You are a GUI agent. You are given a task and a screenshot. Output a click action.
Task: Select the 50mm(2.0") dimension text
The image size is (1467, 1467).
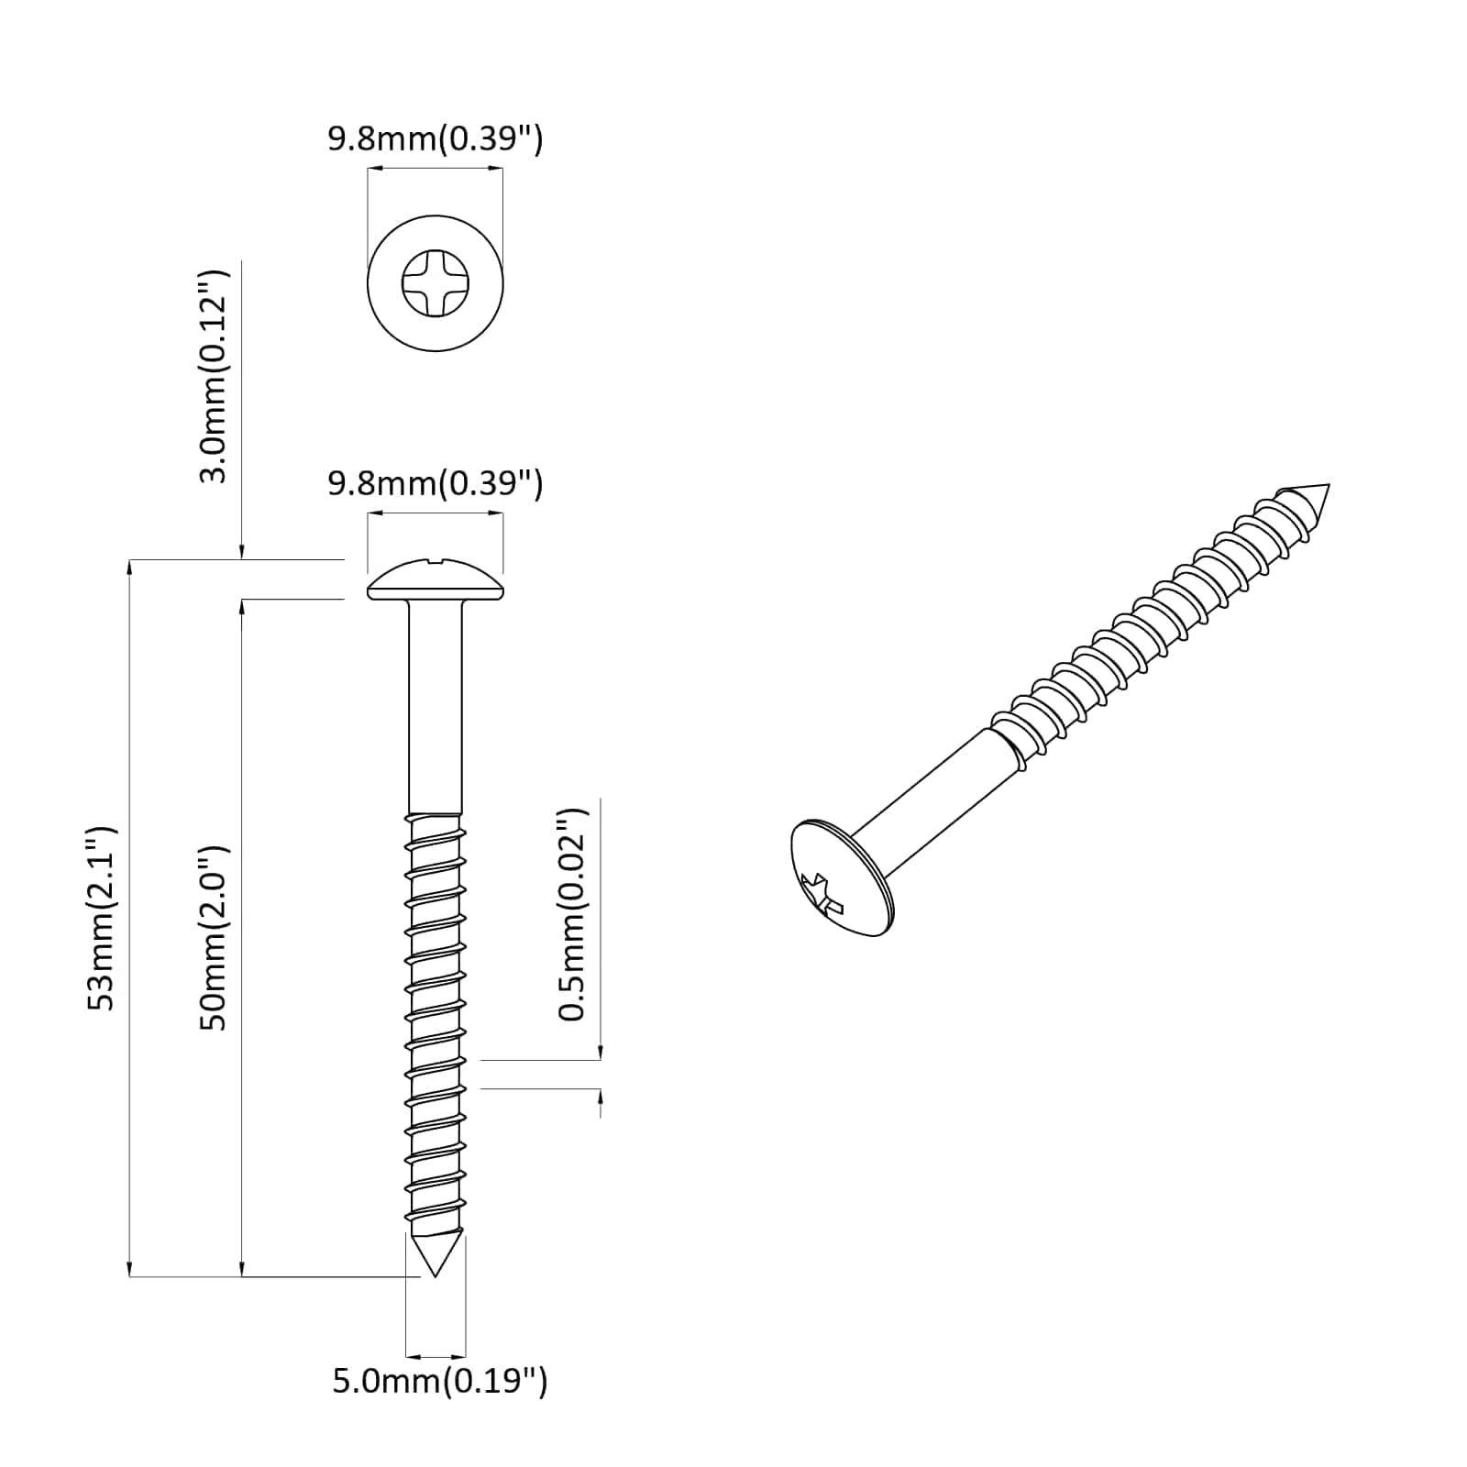coord(215,937)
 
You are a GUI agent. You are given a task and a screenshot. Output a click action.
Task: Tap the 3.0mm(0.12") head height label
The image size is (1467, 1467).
coord(215,376)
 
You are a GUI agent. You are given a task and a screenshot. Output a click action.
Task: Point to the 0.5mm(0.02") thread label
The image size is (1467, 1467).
coord(573,914)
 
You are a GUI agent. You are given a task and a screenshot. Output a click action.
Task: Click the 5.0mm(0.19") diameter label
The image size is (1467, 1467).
coord(439,1381)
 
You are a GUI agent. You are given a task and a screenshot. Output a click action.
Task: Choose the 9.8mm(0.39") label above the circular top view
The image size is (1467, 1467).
coord(436,139)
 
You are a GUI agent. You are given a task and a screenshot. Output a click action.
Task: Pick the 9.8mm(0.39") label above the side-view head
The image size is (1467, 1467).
coord(436,482)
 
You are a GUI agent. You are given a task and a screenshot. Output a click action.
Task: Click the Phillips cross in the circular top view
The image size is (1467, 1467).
coord(436,282)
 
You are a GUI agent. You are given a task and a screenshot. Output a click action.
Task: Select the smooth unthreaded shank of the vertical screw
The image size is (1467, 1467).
coord(436,706)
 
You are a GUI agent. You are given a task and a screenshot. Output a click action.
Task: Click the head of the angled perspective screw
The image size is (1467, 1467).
coord(839,877)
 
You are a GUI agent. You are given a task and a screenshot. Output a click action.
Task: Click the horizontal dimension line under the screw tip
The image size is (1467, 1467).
coord(436,1356)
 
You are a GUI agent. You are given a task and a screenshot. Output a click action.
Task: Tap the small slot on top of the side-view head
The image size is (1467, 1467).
coord(436,561)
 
